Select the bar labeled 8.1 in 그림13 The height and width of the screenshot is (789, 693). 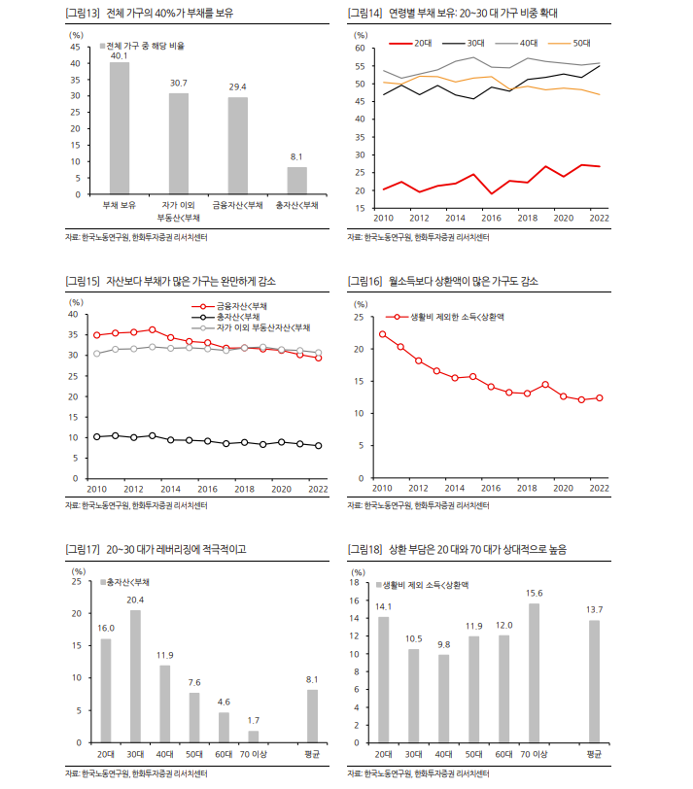tap(296, 181)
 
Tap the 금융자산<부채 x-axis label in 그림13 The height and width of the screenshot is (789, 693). tap(237, 206)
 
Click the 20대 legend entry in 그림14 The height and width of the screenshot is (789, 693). tap(413, 44)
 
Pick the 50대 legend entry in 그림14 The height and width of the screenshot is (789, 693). tap(573, 44)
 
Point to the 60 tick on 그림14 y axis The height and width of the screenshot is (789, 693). tap(359, 49)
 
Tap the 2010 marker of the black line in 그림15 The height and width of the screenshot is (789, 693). tap(96, 437)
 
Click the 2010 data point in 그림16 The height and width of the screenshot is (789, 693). tap(382, 334)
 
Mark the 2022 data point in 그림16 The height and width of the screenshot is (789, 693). tap(600, 397)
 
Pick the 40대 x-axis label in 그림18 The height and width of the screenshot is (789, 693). tap(443, 754)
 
